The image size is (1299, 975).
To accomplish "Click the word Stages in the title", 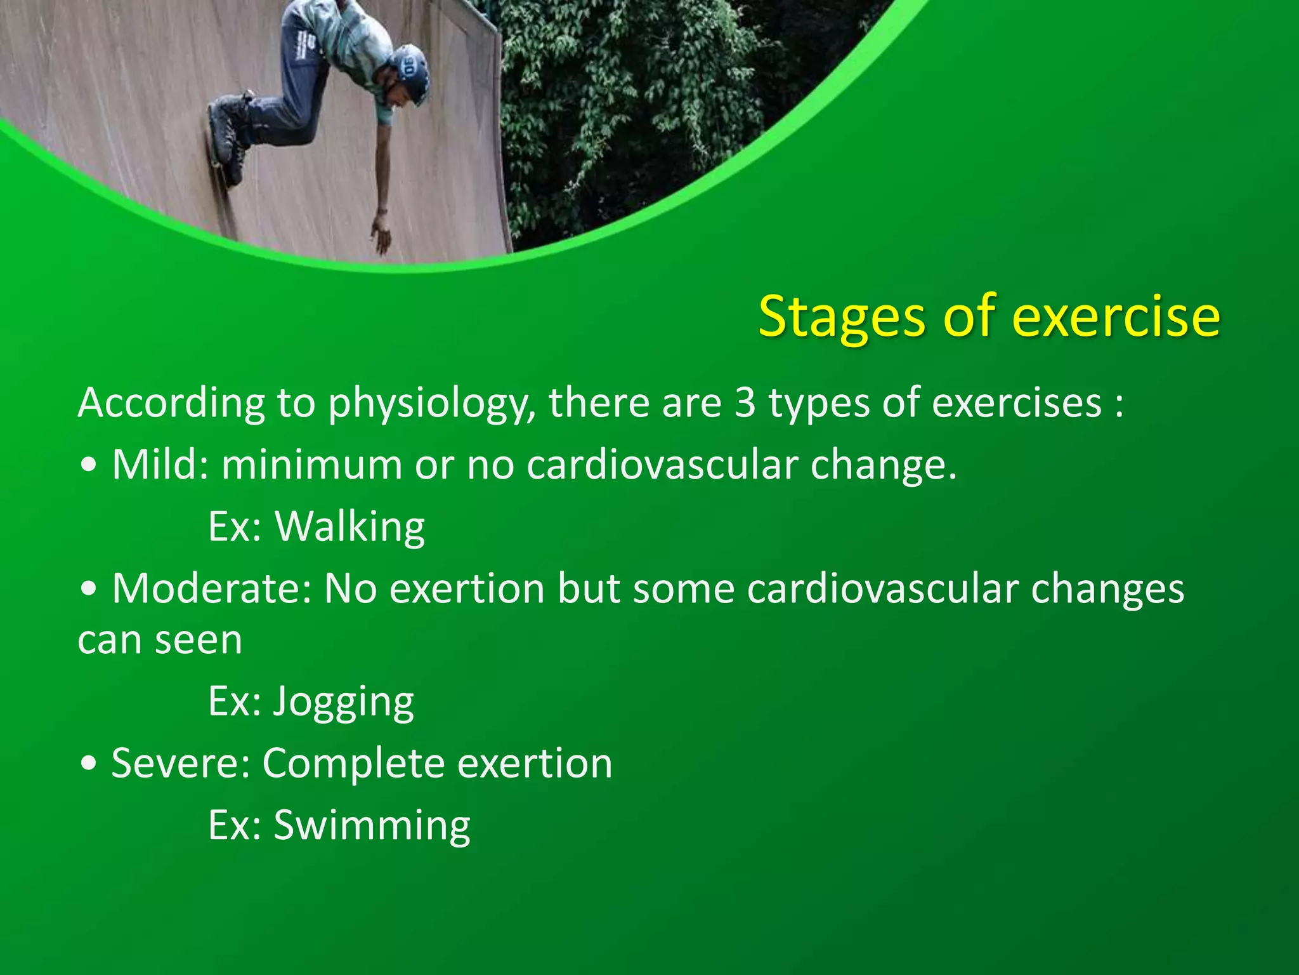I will (841, 317).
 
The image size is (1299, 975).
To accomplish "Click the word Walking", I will (349, 526).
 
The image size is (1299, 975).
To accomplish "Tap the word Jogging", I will (343, 702).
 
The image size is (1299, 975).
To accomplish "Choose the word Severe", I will (180, 763).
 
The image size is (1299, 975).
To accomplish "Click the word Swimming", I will (372, 826).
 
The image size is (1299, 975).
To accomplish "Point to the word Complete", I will (353, 764).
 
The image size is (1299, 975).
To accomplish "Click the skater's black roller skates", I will (228, 136).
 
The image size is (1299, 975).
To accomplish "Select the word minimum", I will (311, 465).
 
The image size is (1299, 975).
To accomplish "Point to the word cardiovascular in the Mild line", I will (662, 465).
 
